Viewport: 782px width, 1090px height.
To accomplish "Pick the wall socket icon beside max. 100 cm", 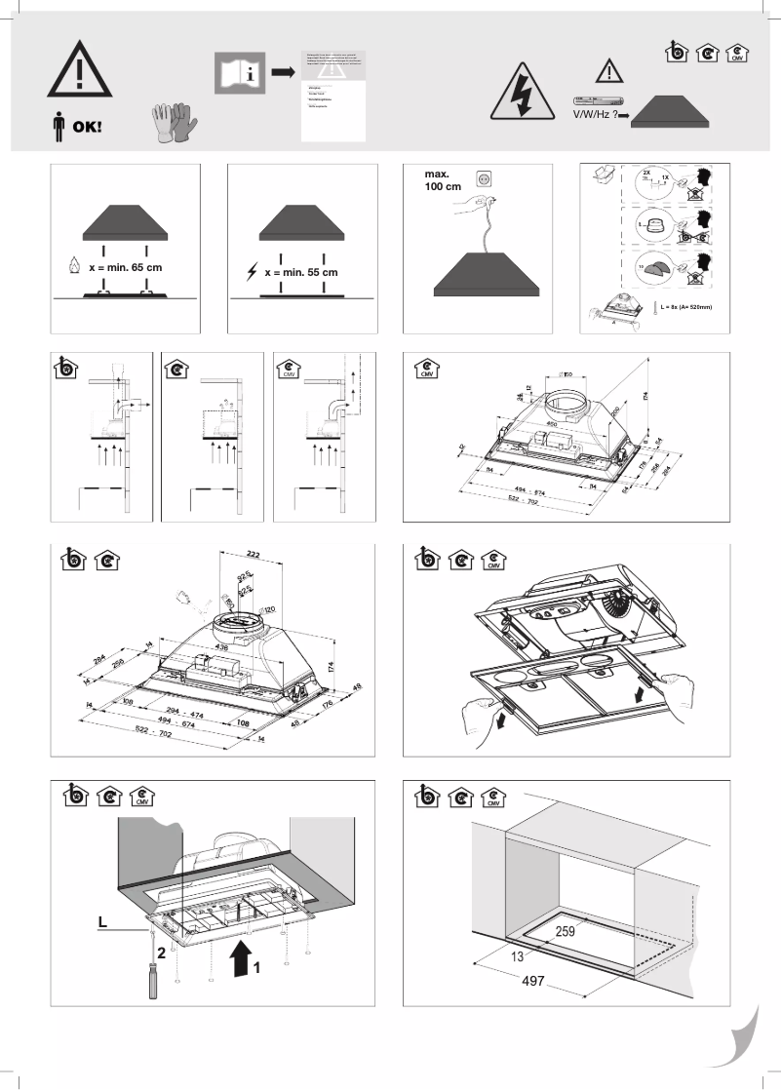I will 482,178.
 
